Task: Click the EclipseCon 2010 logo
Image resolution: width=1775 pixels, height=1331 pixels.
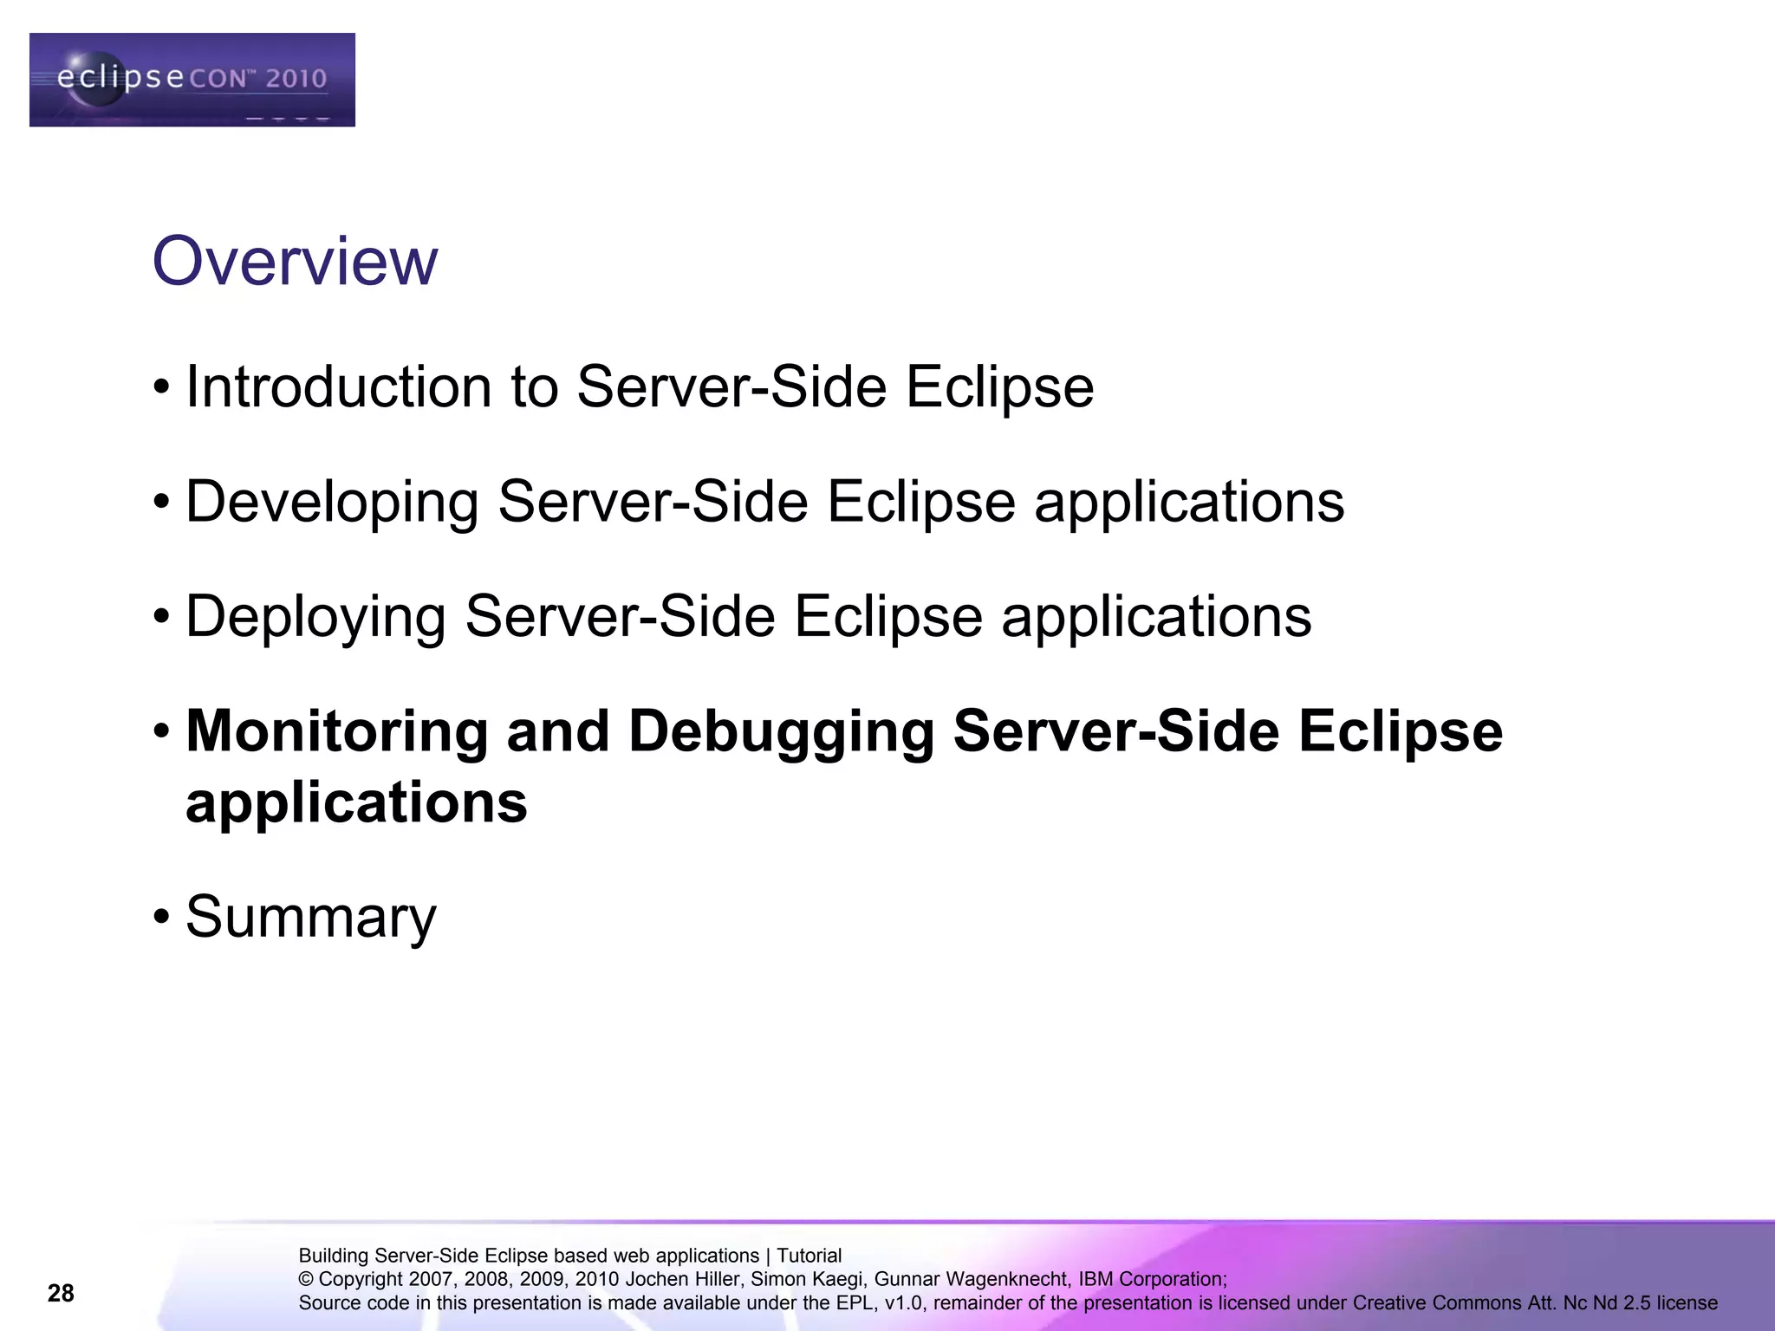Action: [192, 80]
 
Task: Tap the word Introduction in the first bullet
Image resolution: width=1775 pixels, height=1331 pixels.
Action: [339, 386]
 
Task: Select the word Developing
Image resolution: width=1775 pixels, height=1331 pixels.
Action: [332, 503]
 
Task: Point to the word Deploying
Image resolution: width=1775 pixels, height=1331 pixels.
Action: [315, 617]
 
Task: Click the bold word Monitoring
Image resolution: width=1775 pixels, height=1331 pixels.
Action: [337, 731]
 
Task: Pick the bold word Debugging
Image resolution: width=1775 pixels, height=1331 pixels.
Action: [780, 733]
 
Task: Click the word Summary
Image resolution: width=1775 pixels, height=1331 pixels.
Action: [311, 917]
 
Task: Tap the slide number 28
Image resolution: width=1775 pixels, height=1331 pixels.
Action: [61, 1294]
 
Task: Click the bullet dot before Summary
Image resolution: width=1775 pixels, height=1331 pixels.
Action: [161, 917]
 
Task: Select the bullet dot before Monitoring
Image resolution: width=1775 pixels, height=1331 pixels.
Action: [161, 731]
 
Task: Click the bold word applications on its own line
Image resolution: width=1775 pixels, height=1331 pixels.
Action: [356, 802]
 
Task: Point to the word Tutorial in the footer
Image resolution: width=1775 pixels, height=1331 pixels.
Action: [809, 1256]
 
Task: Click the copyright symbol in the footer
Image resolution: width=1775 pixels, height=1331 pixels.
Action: [306, 1279]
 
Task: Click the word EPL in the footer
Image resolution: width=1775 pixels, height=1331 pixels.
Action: [857, 1302]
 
